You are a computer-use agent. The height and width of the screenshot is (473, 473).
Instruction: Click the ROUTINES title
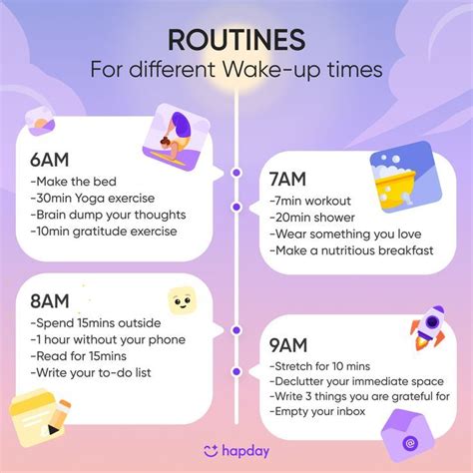[236, 40]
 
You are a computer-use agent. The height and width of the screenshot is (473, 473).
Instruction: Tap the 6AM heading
[50, 160]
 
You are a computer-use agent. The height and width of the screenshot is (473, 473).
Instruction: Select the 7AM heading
[287, 179]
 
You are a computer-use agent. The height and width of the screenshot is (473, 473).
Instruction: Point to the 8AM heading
[50, 301]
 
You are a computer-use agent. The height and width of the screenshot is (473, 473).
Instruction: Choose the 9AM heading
[288, 345]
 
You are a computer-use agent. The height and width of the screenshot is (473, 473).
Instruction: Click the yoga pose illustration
[177, 137]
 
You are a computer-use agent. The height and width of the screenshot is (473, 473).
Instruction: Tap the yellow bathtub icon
[405, 177]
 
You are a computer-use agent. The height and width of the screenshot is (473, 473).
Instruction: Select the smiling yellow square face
[182, 301]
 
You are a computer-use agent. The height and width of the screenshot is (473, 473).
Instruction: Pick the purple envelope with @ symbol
[408, 436]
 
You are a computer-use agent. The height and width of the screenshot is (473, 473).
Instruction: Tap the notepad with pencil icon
[39, 417]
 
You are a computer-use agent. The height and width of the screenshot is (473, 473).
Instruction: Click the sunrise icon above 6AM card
[40, 122]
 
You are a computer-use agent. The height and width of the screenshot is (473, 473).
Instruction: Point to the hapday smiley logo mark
[211, 451]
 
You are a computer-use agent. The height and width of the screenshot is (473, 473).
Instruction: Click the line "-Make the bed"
[73, 182]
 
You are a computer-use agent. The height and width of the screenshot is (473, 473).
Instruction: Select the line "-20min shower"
[312, 218]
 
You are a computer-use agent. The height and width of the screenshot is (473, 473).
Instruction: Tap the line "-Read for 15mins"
[79, 356]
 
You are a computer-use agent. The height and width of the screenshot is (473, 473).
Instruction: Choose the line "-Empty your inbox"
[317, 411]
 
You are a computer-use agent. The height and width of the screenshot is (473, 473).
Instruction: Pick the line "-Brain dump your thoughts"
[108, 215]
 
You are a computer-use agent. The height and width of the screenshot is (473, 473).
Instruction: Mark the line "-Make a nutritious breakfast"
[351, 250]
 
